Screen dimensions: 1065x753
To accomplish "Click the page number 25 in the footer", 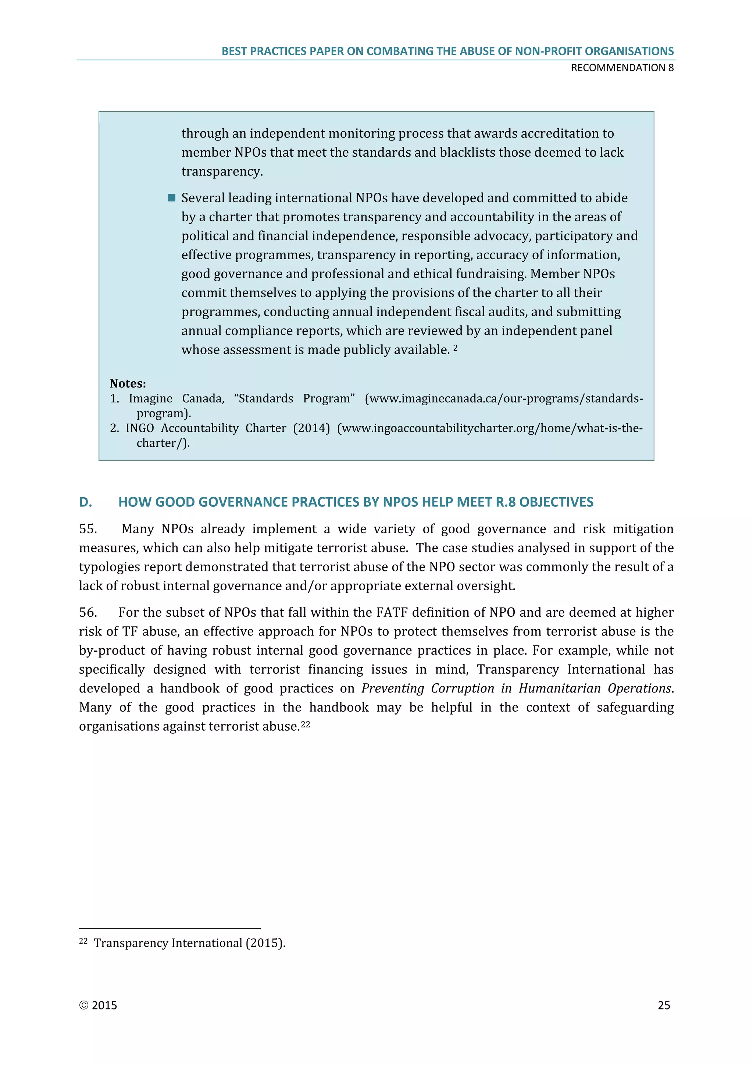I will (664, 1005).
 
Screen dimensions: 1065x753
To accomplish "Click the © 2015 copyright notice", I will (98, 1005).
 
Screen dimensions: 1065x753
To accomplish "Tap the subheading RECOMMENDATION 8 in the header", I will (622, 68).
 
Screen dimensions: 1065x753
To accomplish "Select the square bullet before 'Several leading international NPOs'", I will (172, 198).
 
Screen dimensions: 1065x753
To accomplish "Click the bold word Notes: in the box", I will (128, 384).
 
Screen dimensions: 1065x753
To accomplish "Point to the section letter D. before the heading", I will (85, 502).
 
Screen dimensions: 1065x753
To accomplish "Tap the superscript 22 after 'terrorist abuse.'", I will (305, 724).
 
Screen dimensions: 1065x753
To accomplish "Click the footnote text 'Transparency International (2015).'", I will (189, 943).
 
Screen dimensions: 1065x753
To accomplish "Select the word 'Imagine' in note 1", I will (150, 398).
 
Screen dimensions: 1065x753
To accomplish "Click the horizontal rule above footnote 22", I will (170, 929).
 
